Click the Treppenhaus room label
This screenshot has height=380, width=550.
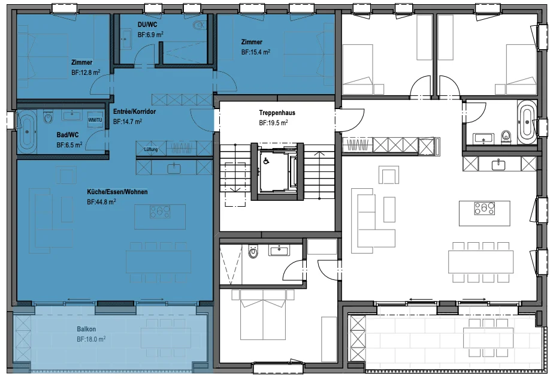(277, 113)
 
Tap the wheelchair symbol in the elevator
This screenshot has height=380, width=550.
(267, 161)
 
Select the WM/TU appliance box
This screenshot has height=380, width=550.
(95, 120)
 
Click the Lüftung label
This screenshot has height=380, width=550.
(151, 149)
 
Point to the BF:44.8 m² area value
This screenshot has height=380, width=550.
(101, 202)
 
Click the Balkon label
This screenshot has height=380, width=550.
(86, 329)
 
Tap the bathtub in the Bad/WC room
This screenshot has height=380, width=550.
(27, 132)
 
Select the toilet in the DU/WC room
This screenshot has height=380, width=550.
(199, 25)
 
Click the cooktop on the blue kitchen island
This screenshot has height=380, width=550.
(160, 212)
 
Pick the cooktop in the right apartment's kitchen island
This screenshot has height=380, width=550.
(485, 208)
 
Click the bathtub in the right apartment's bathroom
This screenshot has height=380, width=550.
(527, 122)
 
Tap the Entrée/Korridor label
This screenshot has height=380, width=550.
(134, 111)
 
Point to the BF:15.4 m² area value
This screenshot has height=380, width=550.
(255, 52)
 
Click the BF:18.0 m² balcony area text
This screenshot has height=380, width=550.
(91, 339)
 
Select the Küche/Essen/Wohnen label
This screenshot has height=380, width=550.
(117, 192)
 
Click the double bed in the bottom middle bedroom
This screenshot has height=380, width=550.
(263, 315)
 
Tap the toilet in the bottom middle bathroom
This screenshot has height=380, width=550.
(253, 252)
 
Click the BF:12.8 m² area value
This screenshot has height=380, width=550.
(86, 73)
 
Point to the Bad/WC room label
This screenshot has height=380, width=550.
(68, 135)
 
